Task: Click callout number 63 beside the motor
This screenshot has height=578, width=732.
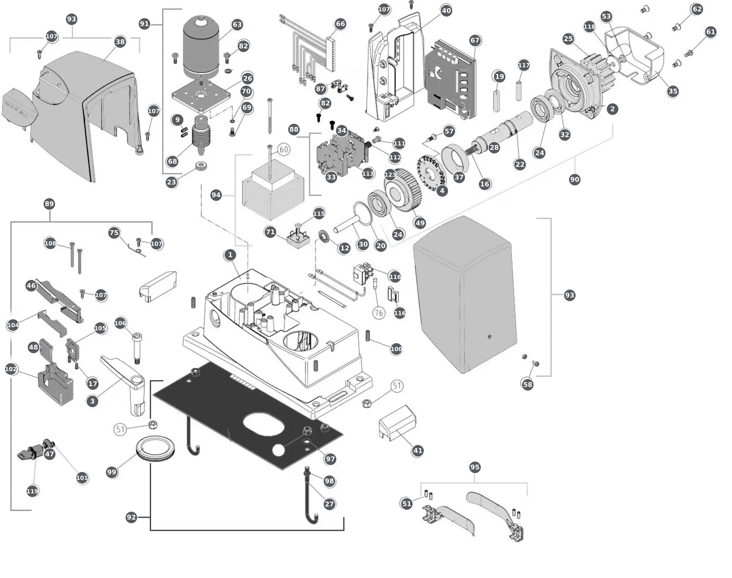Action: tap(237, 25)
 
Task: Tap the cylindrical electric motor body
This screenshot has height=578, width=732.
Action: tap(201, 47)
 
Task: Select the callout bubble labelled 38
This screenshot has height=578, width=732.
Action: tap(120, 42)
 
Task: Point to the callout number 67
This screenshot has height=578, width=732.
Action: tap(475, 40)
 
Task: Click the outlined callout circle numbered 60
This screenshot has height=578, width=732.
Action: tap(284, 150)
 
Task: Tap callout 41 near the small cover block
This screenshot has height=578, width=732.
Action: tap(418, 450)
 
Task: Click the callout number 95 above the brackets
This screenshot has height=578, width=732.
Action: tap(475, 467)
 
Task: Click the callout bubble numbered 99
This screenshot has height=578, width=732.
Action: tap(111, 472)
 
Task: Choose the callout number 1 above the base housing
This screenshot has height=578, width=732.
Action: tap(230, 254)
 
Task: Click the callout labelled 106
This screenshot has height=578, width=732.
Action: tap(120, 323)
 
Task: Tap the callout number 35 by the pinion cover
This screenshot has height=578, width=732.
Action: tap(673, 91)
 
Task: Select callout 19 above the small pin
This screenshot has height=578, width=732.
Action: tap(499, 76)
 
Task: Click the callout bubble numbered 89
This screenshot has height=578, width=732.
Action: tap(49, 204)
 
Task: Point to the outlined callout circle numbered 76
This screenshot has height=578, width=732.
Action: tap(379, 313)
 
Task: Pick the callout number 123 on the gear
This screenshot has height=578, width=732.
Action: tap(390, 175)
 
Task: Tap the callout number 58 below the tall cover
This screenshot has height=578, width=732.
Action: tap(527, 384)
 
